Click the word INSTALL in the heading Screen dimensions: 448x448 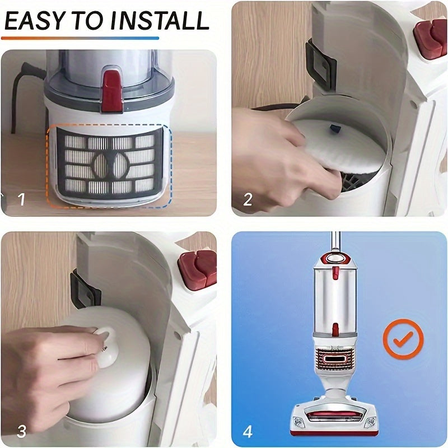click(x=160, y=21)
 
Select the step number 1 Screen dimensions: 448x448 click(x=21, y=199)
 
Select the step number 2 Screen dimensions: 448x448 click(x=248, y=199)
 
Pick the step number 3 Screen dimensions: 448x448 click(x=22, y=431)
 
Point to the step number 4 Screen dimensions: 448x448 click(x=248, y=431)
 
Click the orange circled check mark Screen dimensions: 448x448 click(x=403, y=339)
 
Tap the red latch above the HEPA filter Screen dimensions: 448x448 click(x=111, y=91)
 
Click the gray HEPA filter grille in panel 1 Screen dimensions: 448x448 click(x=109, y=164)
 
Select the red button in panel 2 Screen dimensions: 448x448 click(x=430, y=38)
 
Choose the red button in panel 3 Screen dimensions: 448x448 click(x=198, y=269)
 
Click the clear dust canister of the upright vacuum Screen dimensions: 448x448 click(x=334, y=300)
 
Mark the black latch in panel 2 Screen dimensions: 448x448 click(x=320, y=64)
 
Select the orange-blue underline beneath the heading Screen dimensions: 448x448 click(x=80, y=38)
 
